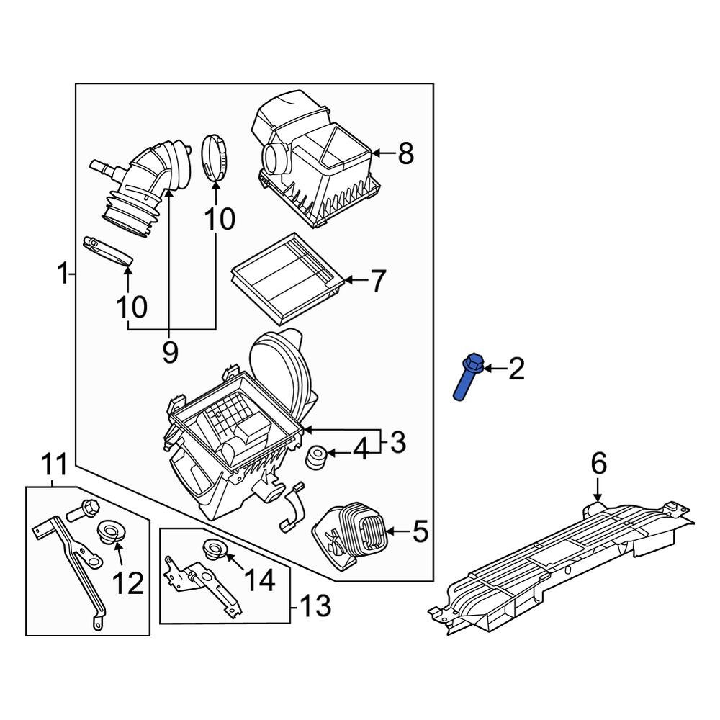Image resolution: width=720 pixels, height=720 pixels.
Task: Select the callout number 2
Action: [x=516, y=369]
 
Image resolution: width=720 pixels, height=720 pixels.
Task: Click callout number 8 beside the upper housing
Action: [x=406, y=153]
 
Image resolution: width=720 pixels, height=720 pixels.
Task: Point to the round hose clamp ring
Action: [x=215, y=156]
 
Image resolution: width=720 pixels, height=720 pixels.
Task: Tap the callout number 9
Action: [x=170, y=352]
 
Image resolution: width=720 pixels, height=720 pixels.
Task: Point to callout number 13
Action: [x=314, y=606]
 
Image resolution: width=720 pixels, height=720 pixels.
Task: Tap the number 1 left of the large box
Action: [x=63, y=274]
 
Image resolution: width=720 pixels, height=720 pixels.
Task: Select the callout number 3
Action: [x=398, y=442]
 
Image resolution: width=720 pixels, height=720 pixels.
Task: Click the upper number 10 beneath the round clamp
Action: [x=217, y=219]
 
